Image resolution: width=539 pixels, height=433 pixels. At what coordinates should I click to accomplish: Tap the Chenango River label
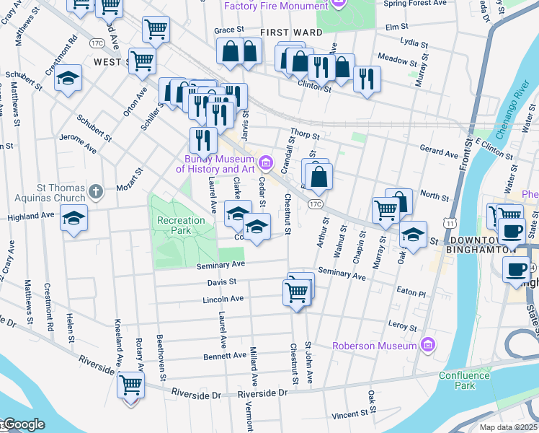[512, 115]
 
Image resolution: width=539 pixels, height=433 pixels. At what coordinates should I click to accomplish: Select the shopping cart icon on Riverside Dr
[131, 385]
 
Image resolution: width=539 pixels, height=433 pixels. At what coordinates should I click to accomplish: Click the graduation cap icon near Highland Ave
[73, 217]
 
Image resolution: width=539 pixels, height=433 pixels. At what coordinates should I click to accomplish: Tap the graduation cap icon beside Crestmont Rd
[68, 79]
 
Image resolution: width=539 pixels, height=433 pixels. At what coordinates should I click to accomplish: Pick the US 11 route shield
[449, 224]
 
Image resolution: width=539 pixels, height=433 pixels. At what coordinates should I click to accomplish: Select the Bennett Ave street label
[224, 355]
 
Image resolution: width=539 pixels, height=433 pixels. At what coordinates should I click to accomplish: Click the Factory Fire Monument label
[275, 6]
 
